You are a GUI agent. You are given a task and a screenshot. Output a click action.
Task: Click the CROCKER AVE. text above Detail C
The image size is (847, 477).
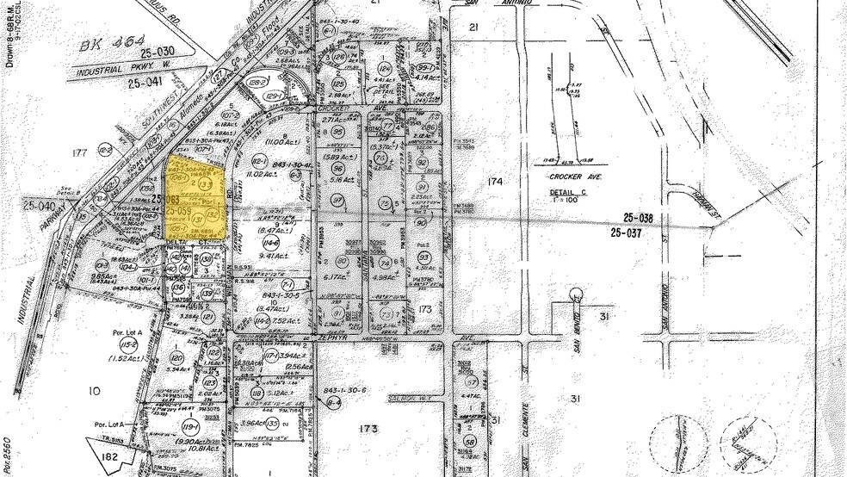click(x=584, y=176)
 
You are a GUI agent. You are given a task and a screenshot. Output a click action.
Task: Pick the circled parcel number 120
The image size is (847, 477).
click(x=177, y=356)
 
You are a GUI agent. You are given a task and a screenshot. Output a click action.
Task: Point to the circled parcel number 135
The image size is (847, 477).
click(x=273, y=424)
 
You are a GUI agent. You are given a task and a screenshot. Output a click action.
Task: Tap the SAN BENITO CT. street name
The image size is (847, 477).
click(x=577, y=331)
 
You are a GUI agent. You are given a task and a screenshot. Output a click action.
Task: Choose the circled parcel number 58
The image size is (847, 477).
click(x=470, y=441)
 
